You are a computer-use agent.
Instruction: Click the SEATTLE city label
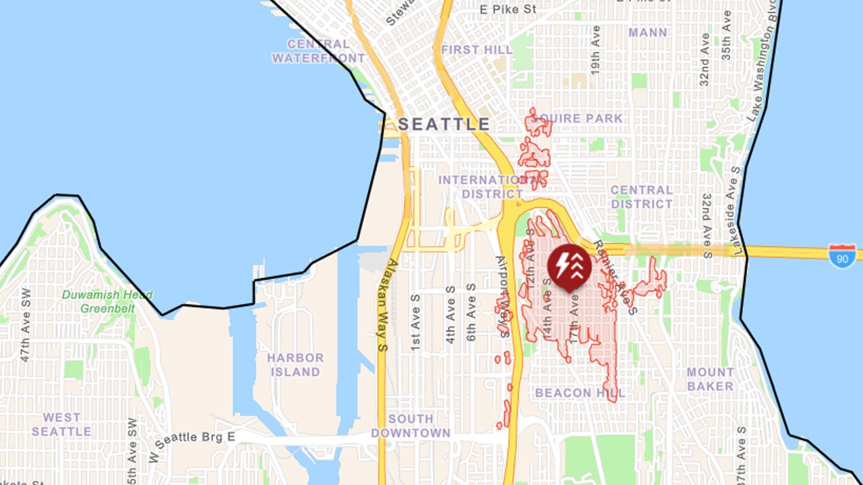[x=444, y=125]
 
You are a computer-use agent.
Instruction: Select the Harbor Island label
[x=295, y=364]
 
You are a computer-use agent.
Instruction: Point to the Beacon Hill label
[x=581, y=393]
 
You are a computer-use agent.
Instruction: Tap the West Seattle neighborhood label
[x=61, y=424]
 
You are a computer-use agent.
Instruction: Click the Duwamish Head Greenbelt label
[x=107, y=302]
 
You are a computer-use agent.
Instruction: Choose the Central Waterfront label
[x=318, y=51]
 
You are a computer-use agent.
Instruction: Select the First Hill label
[x=477, y=50]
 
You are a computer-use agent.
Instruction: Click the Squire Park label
[x=578, y=119]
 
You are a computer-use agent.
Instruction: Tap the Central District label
[x=642, y=197]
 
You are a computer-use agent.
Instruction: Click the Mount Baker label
[x=710, y=379]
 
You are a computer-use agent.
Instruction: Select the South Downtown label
[x=410, y=426]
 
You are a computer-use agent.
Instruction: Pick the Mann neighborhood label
[x=647, y=32]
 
